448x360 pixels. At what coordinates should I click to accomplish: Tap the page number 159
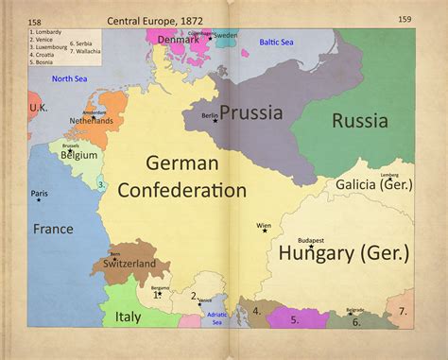click(x=405, y=20)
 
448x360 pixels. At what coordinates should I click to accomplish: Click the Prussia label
click(x=251, y=113)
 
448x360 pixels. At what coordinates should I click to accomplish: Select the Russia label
click(x=358, y=121)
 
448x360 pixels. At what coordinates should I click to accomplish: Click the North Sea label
click(x=70, y=78)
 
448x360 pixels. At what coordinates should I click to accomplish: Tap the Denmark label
click(x=179, y=40)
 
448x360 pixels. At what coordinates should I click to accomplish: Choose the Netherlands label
click(x=90, y=121)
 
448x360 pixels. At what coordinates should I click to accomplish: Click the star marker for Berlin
click(x=215, y=120)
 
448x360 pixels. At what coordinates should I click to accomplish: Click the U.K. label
click(x=38, y=108)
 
